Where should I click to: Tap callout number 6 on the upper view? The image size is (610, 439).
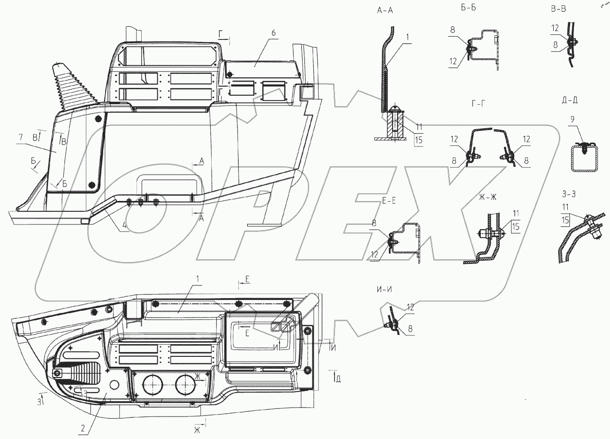tap(274, 32)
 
